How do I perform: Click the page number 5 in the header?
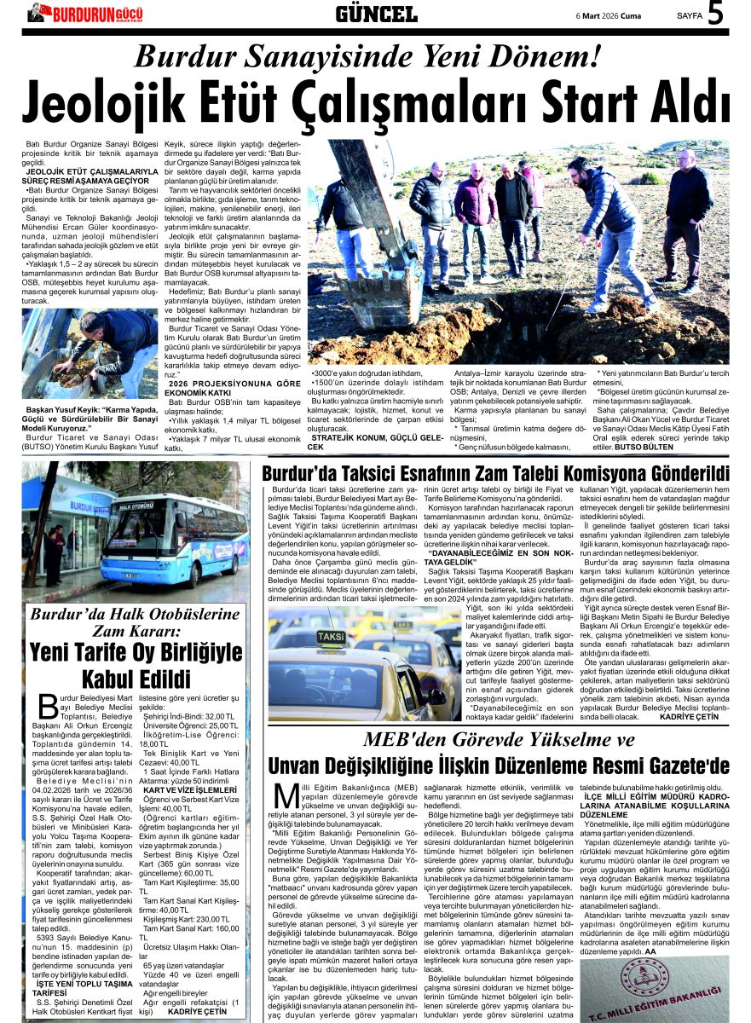point(715,14)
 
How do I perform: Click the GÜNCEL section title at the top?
point(376,14)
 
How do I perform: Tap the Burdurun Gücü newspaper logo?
point(85,14)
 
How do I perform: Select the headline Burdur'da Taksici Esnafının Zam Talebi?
point(495,473)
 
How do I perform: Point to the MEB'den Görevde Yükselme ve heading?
point(499,740)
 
